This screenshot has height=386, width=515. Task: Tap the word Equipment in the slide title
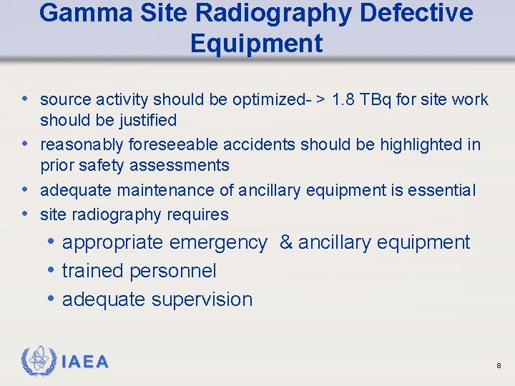(x=256, y=44)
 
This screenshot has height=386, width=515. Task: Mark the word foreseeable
(x=173, y=144)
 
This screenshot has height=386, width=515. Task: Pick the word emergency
(x=217, y=242)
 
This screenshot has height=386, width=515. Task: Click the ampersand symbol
(x=286, y=242)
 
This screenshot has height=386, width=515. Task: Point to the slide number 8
(x=499, y=366)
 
